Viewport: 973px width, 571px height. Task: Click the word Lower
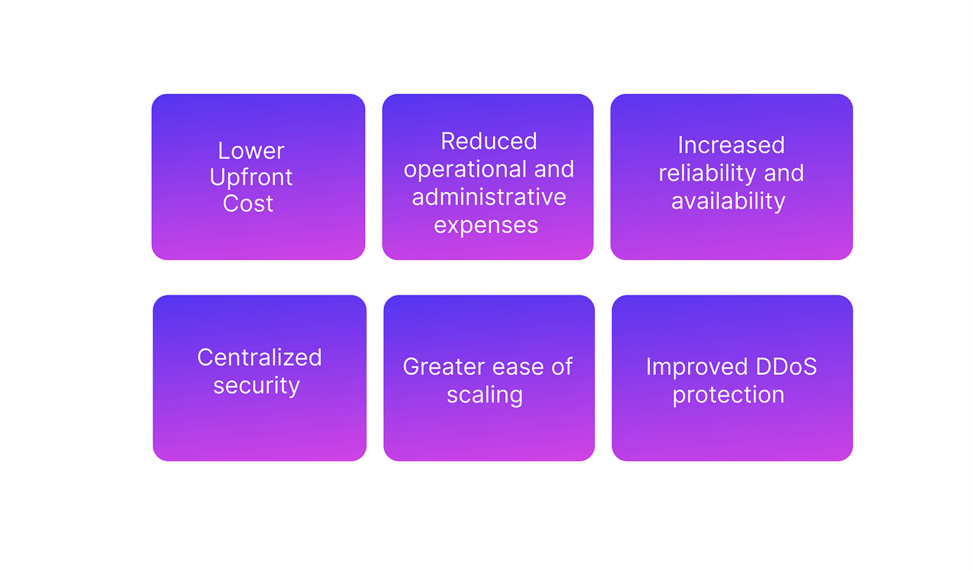(x=251, y=151)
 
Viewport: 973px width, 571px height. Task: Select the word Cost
(x=248, y=203)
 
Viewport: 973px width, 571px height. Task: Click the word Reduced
(x=489, y=141)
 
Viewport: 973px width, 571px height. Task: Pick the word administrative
(x=489, y=197)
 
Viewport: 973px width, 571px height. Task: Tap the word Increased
(x=731, y=145)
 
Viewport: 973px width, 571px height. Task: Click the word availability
(x=728, y=201)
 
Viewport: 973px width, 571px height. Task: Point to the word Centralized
(x=259, y=357)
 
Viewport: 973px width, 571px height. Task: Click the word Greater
(x=444, y=367)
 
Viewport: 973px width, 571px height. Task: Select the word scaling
(x=485, y=395)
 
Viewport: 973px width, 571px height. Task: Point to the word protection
(x=728, y=395)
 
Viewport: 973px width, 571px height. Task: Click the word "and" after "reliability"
(x=784, y=173)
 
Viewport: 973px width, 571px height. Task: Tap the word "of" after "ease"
(x=562, y=366)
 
